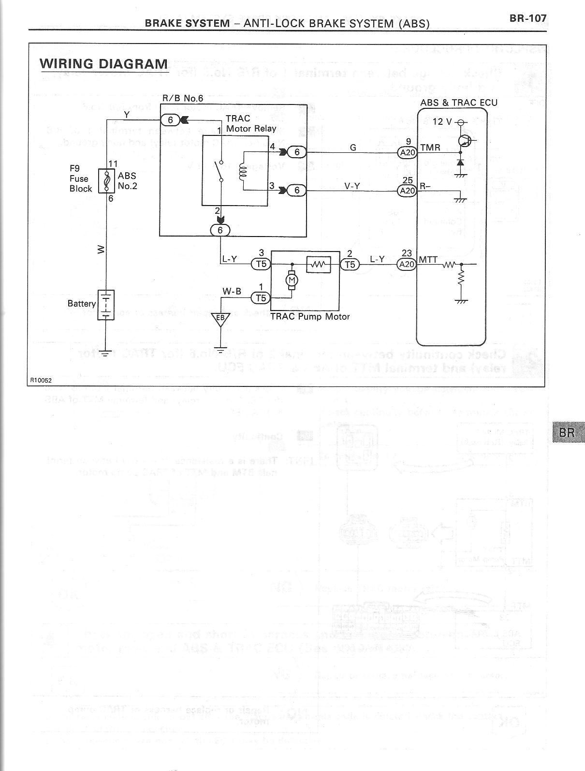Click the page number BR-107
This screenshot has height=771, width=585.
pos(527,18)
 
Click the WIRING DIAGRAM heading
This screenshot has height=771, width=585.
pos(103,64)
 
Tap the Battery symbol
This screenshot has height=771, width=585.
pos(106,304)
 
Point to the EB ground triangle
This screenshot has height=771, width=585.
pos(220,319)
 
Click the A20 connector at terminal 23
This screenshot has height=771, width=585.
pos(407,265)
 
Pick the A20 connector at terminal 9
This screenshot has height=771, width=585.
pos(407,153)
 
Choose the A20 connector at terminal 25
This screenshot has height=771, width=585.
pos(407,191)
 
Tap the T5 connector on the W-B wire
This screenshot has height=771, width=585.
pos(261,298)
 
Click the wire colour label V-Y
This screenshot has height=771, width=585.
pos(351,185)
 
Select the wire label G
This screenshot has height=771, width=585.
pos(353,148)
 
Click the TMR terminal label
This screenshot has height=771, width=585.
pos(430,148)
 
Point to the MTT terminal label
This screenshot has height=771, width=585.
pos(428,260)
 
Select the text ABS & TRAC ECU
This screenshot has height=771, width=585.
pos(458,103)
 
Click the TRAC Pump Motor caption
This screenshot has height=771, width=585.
pos(310,316)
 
